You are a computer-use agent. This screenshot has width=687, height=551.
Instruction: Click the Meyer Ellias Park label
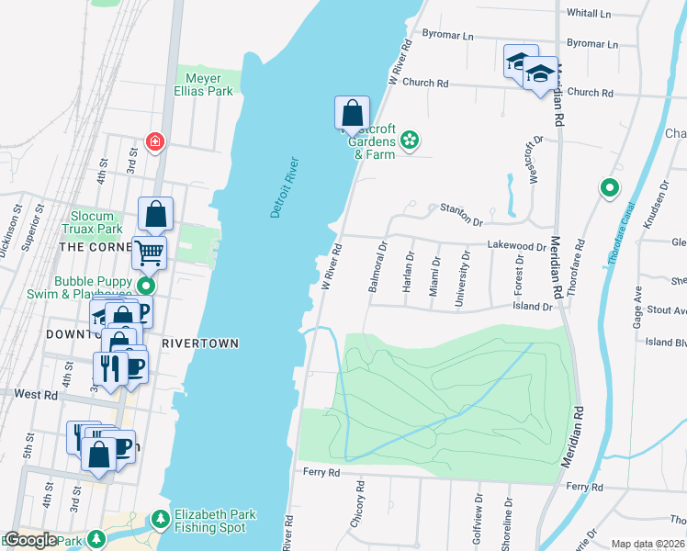(x=203, y=85)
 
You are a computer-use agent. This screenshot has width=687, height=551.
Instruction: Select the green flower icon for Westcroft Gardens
(x=410, y=141)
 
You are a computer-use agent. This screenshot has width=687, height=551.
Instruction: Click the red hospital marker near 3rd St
(x=155, y=141)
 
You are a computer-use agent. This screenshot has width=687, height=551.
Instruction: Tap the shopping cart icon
(x=149, y=252)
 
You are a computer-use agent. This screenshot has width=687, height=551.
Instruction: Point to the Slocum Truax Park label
(x=92, y=222)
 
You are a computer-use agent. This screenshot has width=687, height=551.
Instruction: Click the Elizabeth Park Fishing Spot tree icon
(x=160, y=521)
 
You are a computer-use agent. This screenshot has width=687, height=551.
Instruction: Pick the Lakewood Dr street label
(x=516, y=246)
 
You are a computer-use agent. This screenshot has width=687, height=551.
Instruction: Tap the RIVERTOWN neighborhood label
(x=200, y=343)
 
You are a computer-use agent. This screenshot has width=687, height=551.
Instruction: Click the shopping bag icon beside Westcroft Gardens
(x=352, y=115)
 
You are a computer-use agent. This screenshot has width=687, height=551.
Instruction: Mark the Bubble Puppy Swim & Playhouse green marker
(x=142, y=284)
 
